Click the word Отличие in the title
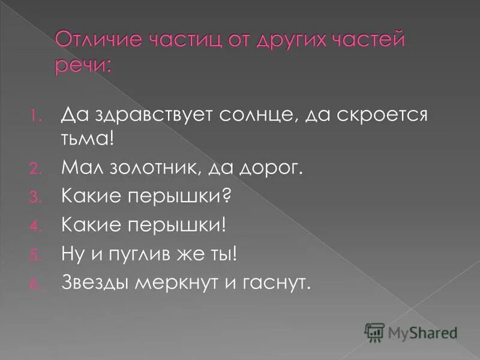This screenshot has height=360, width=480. pyautogui.click(x=95, y=43)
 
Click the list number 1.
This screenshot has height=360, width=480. pyautogui.click(x=35, y=116)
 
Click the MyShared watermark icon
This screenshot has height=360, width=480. pyautogui.click(x=374, y=332)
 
